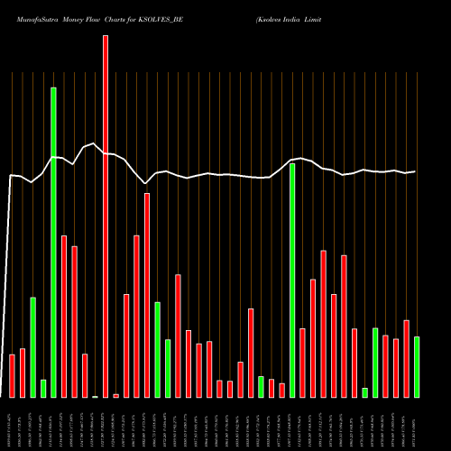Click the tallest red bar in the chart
[x=106, y=216]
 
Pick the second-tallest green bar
[x=292, y=280]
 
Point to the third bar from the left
[x=32, y=347]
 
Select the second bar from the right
[x=406, y=358]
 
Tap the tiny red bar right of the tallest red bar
[x=115, y=395]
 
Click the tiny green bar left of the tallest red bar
[x=95, y=396]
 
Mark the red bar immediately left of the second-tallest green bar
[x=281, y=390]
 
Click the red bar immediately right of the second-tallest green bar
[x=302, y=363]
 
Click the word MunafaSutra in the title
[x=35, y=18]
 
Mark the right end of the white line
[x=415, y=171]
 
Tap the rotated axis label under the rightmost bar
[x=417, y=424]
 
